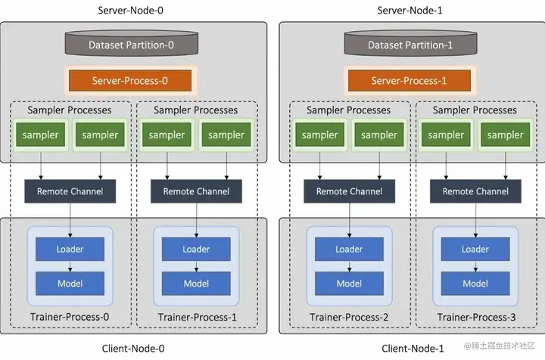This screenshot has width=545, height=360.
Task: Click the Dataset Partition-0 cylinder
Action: pos(132,43)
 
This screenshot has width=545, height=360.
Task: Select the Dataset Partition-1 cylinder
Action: pos(410,43)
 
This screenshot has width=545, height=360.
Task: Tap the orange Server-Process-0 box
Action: pos(130,80)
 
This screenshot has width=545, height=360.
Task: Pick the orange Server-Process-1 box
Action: pos(409,80)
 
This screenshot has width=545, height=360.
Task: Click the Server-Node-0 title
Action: pos(130,11)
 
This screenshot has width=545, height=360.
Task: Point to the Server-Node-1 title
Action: pos(410,11)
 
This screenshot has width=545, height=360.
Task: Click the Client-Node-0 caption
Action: pos(133,348)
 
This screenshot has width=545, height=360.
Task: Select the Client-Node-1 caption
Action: pos(413,348)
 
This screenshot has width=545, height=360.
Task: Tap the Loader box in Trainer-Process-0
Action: pos(70,249)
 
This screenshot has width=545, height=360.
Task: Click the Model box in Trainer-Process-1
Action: pos(196,284)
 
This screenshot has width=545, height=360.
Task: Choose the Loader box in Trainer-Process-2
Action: pos(349,249)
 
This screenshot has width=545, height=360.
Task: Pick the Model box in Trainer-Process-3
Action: pos(475,284)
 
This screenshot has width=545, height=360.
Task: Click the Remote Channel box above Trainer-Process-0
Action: pos(70,191)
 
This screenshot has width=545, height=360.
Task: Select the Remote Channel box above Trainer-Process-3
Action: pos(475,191)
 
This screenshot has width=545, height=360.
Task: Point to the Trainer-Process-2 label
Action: pos(349,317)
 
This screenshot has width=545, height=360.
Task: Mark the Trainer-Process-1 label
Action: pos(197,317)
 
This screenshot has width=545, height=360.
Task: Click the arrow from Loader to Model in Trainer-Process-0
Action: pos(70,266)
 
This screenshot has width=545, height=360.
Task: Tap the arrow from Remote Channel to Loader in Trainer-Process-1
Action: pos(196,220)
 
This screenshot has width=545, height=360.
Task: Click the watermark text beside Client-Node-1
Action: pos(499,346)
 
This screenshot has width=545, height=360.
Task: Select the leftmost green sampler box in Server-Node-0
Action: pos(40,135)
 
